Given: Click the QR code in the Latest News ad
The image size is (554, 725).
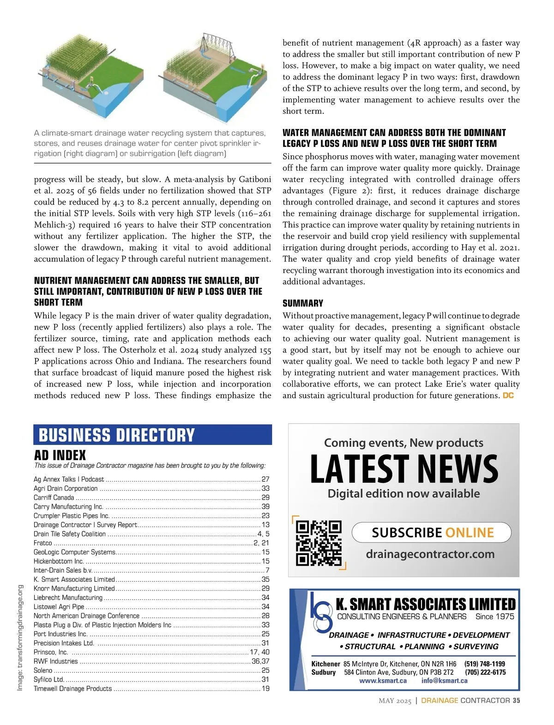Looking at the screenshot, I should tap(318, 543).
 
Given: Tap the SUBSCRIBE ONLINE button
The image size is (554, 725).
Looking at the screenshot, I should tap(432, 532).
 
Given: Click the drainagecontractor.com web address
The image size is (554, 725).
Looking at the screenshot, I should tap(430, 554).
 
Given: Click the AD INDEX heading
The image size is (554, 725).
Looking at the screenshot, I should tap(60, 455).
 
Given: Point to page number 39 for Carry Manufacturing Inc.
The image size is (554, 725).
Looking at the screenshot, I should tap(265, 506).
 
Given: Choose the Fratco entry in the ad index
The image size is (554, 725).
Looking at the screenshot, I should tap(43, 543).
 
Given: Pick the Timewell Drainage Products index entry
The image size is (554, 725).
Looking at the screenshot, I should tap(73, 688).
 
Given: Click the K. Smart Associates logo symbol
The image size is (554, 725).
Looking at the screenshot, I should tap(320, 612).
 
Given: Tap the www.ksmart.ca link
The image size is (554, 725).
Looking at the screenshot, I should tap(383, 681).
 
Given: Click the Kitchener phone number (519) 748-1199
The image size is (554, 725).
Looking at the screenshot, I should tap(484, 664).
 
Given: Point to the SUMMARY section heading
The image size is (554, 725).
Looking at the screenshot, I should tap(303, 303).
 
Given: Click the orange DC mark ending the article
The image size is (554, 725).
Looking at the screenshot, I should tap(508, 396).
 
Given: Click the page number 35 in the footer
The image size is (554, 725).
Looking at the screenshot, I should tap(516, 701).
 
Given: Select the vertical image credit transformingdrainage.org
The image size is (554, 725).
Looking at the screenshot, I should tap(20, 638).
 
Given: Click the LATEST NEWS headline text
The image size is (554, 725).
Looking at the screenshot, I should tap(404, 469).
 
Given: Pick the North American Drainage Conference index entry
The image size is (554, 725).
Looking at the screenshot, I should tap(86, 615).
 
